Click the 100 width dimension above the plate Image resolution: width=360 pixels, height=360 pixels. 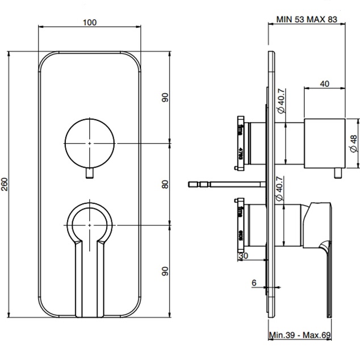click(89, 22)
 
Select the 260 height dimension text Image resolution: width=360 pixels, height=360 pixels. click(6, 185)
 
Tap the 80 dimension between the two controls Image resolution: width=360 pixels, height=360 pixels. click(165, 185)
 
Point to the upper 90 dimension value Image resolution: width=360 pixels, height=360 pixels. click(165, 98)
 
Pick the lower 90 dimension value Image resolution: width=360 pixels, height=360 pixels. click(165, 271)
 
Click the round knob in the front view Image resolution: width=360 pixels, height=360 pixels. click(90, 144)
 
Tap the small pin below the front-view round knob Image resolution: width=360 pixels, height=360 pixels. click(90, 173)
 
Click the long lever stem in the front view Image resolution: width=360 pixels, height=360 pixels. click(90, 278)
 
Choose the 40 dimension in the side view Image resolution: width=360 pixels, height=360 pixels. click(324, 83)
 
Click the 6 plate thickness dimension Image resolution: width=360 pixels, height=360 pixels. click(254, 282)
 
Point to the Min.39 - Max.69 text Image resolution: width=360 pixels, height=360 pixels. click(300, 336)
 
